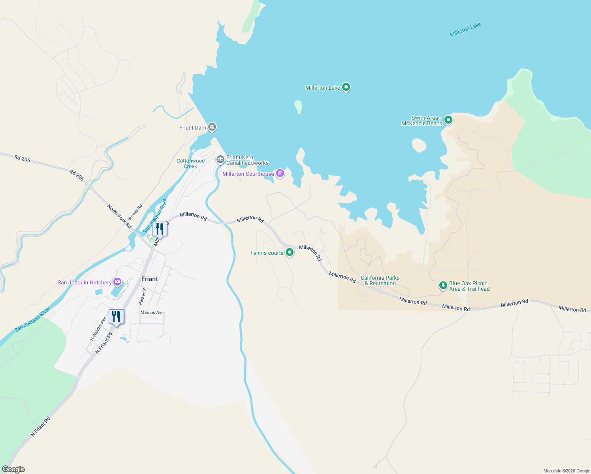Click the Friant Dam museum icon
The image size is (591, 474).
pos(212,127)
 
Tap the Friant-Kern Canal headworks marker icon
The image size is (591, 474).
pos(220,160)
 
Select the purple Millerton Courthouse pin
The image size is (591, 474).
pos(280,173)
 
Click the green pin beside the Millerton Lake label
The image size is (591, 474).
pos(346,87)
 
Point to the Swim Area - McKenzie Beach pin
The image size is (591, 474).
pos(448,120)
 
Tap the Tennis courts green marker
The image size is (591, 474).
pos(290,252)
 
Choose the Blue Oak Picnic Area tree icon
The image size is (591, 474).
pos(443,285)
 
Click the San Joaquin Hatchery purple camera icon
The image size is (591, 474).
pos(117,282)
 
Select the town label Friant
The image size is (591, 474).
pos(149,279)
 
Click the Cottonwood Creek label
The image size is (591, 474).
pos(190,164)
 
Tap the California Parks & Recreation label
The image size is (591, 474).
pos(380,280)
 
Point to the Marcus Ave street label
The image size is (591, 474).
pos(152,312)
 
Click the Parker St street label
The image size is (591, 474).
pos(142,296)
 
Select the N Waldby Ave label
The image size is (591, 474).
pos(98,329)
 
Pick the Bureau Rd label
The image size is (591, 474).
pos(135,213)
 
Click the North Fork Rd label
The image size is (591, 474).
pos(119,216)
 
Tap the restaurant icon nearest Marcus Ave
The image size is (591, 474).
pos(116,317)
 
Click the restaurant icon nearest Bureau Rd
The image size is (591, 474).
pos(160,229)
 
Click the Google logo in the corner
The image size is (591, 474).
pos(13,469)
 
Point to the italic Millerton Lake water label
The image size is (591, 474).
pos(465,30)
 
